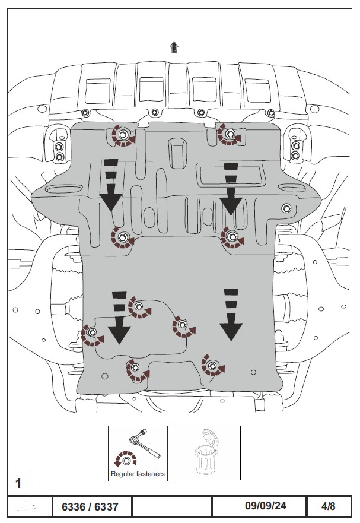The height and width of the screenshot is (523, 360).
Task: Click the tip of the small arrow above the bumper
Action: point(174,42)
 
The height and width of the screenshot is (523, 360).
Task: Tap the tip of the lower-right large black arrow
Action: point(231,341)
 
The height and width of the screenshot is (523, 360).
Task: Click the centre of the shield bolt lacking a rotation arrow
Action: point(286,208)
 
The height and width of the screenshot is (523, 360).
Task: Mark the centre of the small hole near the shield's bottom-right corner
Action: point(253,372)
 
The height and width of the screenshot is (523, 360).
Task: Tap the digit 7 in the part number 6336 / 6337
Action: point(115,507)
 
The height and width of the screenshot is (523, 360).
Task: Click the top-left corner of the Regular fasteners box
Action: point(108,426)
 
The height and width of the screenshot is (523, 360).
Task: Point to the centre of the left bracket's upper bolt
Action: point(59,146)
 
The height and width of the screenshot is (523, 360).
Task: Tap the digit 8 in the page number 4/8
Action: point(332,506)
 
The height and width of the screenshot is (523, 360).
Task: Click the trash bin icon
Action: point(206,452)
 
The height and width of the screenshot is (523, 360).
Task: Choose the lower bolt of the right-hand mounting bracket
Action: point(295,156)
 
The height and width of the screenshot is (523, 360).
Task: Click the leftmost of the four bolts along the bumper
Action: point(85,112)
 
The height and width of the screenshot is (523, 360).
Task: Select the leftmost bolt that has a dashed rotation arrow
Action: point(92,332)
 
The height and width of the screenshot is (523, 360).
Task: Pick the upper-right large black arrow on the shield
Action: point(230,188)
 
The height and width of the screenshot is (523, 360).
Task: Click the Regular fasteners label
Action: point(138,474)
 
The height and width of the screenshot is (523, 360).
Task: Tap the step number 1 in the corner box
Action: point(18,483)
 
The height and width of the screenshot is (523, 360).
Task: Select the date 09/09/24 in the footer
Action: point(265,506)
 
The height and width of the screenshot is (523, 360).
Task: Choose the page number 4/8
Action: point(329,506)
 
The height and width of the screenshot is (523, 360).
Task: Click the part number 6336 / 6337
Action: point(90,507)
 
